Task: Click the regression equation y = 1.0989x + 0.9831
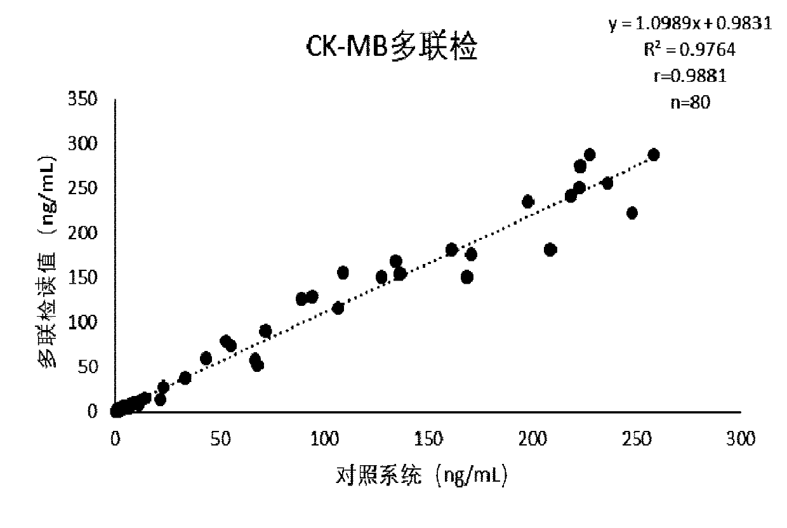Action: click(x=690, y=23)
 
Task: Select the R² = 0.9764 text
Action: click(x=690, y=49)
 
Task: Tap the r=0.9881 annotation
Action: click(x=690, y=76)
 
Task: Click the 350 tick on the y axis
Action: click(x=84, y=100)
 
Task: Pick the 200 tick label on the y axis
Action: click(x=84, y=234)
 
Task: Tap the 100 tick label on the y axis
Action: click(x=84, y=323)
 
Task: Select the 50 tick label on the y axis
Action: click(x=89, y=367)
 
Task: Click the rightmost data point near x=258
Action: click(x=653, y=155)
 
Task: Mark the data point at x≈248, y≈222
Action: click(x=632, y=213)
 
